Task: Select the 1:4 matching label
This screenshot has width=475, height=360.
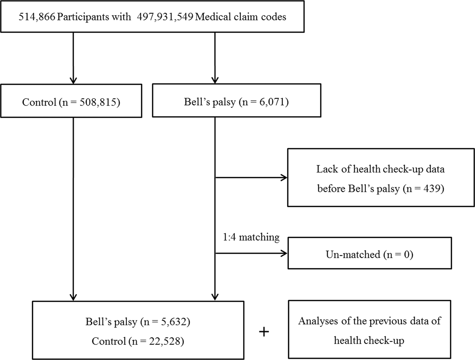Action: pyautogui.click(x=251, y=238)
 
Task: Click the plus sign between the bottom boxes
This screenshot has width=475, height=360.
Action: pyautogui.click(x=264, y=332)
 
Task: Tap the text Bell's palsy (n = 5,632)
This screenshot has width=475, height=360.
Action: pyautogui.click(x=138, y=321)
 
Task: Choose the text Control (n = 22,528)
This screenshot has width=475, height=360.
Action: pyautogui.click(x=138, y=341)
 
